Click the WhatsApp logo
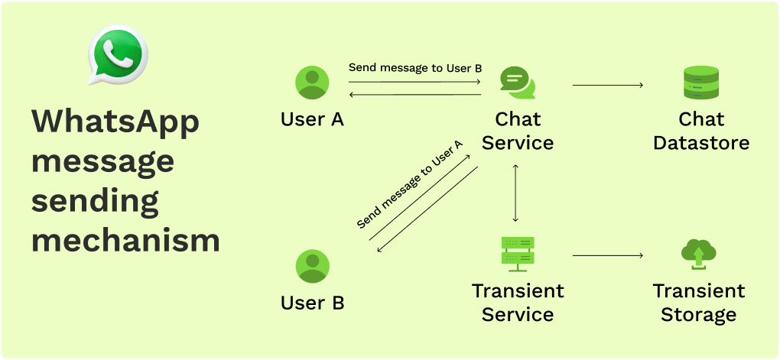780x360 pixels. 117,55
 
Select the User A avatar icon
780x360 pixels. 312,83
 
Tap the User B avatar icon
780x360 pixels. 312,266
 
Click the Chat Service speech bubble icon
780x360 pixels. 518,83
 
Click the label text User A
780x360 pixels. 312,120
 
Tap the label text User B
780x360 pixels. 312,303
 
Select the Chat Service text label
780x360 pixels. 518,131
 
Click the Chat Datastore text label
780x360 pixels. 701,131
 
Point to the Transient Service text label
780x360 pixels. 518,303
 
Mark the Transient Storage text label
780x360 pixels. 698,303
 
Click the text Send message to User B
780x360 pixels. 415,68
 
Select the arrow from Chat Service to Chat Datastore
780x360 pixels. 608,85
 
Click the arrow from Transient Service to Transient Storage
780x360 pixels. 608,256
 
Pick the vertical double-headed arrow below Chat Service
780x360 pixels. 518,193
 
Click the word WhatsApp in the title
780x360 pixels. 115,123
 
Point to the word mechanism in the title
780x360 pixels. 125,240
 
